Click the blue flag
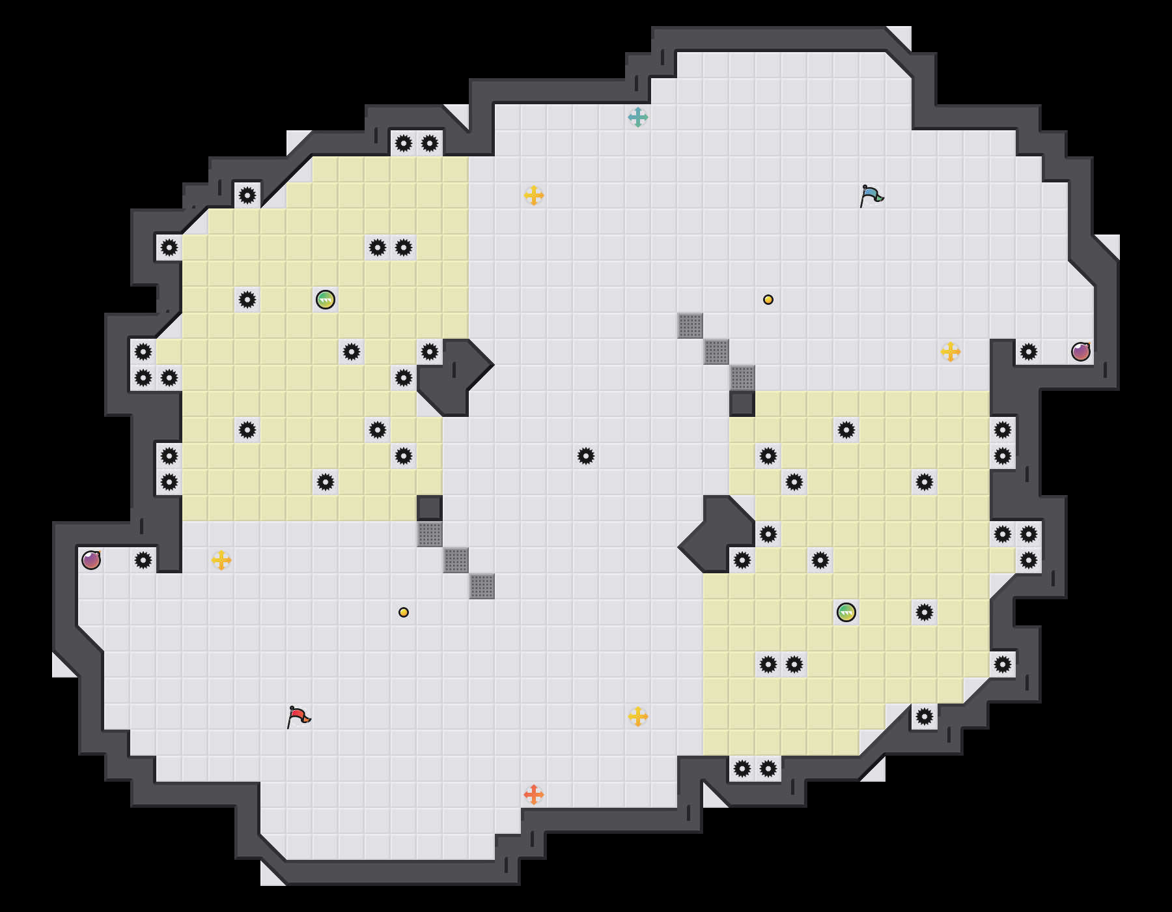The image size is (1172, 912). point(871,195)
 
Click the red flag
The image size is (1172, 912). point(298,717)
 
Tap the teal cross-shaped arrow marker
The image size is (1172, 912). point(638,117)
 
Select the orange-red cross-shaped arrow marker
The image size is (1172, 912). point(534,795)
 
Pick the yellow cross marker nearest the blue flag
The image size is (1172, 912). point(951,352)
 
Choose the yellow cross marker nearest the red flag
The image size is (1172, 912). point(221,560)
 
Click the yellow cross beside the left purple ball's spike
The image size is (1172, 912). point(221,560)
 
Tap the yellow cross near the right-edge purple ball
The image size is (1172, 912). point(951,352)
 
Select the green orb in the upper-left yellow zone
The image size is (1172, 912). point(326,300)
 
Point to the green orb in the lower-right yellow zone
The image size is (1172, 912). point(846,612)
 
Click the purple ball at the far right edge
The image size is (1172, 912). point(1081,352)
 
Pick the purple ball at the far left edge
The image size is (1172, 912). point(91,560)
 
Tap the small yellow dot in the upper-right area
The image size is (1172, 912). point(768,300)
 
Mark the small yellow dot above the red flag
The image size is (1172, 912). point(404,612)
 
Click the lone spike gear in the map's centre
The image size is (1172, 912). point(586,456)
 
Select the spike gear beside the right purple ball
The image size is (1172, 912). point(1029,352)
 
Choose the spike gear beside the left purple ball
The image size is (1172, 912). point(143,560)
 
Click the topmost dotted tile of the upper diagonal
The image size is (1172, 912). point(690,326)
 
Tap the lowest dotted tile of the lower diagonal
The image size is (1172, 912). point(482,586)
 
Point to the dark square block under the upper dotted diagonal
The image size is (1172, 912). point(742,404)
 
